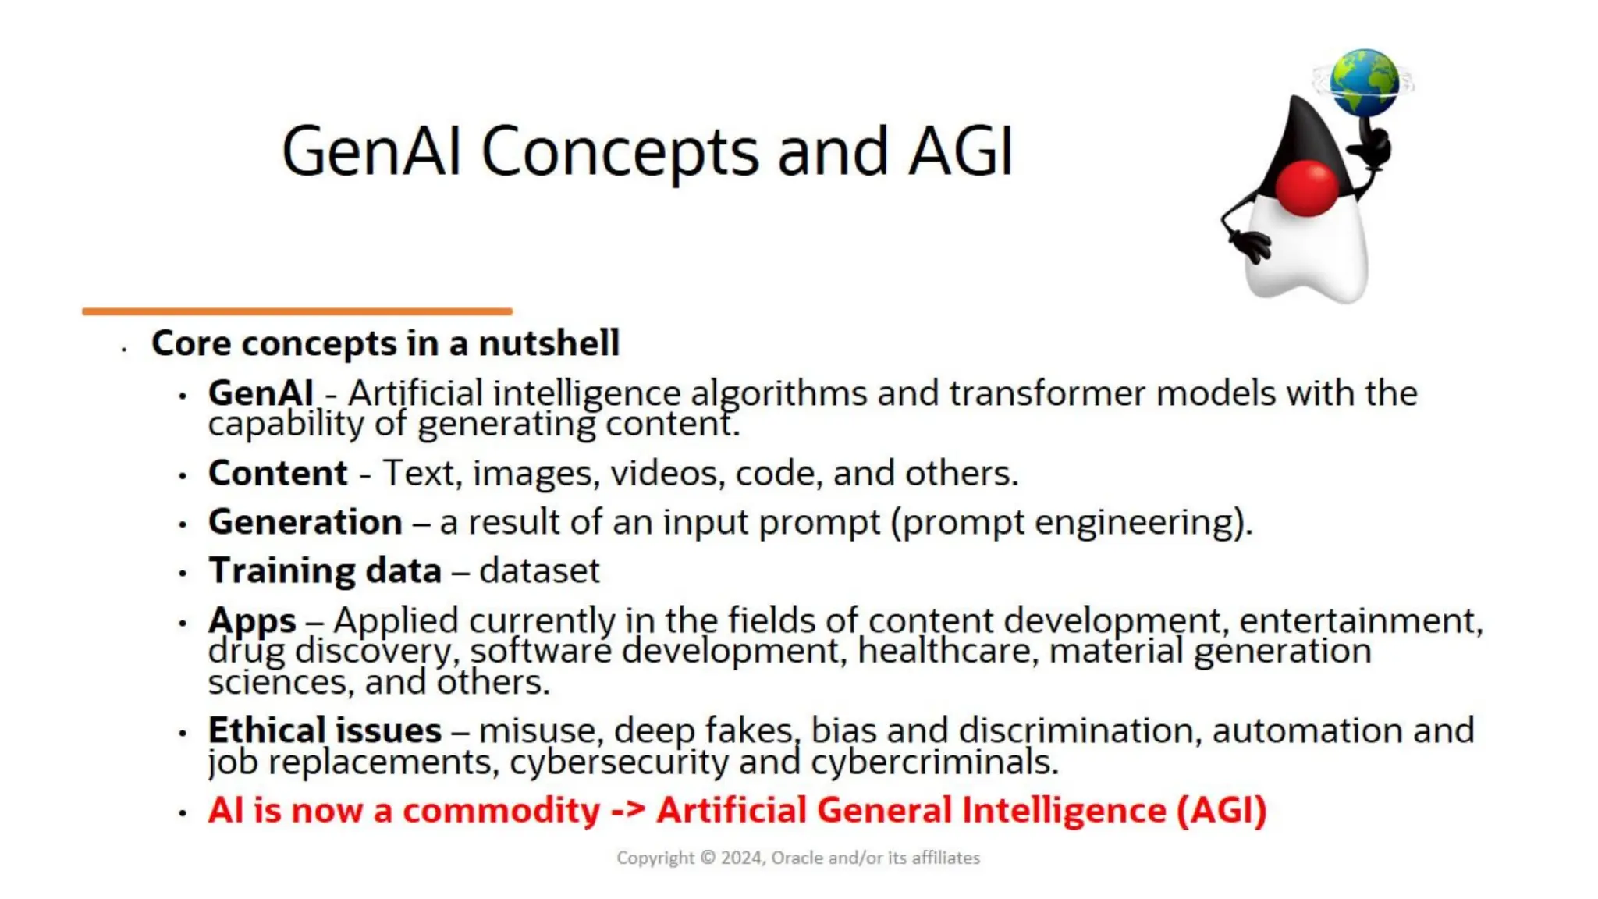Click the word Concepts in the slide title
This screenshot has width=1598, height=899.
[x=620, y=151]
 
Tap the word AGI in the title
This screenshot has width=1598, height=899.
[x=961, y=151]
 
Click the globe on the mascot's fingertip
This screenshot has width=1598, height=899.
[x=1364, y=82]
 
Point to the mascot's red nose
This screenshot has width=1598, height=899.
[x=1308, y=188]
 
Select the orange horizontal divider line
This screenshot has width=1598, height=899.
[x=297, y=311]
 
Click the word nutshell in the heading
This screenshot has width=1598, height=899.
[x=549, y=343]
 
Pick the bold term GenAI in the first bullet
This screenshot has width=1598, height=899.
[x=261, y=393]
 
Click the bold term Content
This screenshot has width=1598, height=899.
[x=278, y=473]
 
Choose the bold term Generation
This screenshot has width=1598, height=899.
[x=305, y=522]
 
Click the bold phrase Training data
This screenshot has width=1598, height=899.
[x=325, y=570]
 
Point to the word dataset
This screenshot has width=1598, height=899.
[x=539, y=570]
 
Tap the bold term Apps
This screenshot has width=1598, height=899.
[x=252, y=621]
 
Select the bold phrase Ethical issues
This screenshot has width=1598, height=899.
[x=325, y=730]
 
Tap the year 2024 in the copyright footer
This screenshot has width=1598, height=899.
[x=741, y=858]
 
